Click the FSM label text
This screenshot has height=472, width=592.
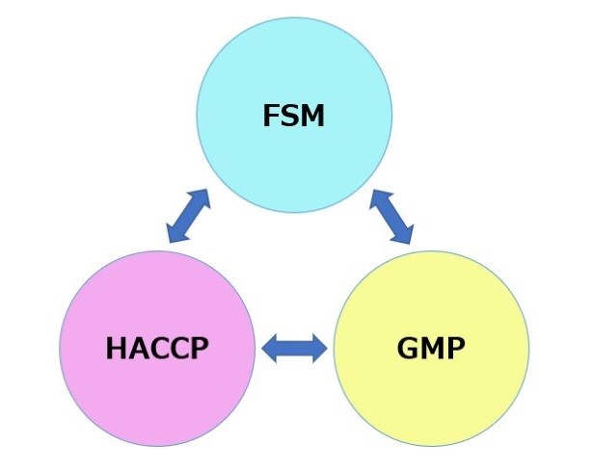click(x=294, y=117)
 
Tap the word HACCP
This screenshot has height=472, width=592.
click(x=156, y=348)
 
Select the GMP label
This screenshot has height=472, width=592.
click(x=431, y=348)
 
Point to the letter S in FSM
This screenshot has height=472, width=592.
click(x=289, y=117)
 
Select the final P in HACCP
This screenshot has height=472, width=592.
click(x=198, y=348)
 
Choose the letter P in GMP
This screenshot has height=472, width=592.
click(x=456, y=348)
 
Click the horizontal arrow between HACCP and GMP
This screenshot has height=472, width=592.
click(x=295, y=348)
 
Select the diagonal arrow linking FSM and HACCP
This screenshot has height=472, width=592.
click(x=188, y=216)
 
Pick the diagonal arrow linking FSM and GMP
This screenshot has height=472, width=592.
click(x=392, y=215)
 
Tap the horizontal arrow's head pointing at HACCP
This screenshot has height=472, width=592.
click(x=273, y=348)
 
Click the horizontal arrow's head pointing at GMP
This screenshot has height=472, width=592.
click(x=318, y=348)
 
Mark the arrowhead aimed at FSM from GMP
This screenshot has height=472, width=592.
click(x=380, y=198)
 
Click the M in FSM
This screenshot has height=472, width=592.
click(x=313, y=117)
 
